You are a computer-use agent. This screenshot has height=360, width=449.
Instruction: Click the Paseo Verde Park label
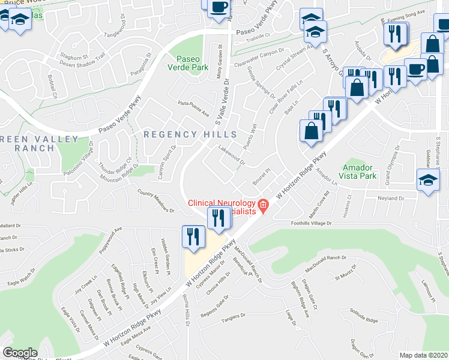[x=192, y=64]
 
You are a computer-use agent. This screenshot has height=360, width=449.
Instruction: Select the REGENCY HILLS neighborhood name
[x=190, y=135]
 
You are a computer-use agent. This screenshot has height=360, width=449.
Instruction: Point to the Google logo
[x=20, y=353]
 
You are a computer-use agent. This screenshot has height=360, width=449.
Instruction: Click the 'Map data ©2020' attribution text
[x=423, y=355]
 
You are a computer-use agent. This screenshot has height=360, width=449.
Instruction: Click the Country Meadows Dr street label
[x=155, y=202]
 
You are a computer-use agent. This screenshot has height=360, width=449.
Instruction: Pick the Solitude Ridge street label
[x=364, y=316]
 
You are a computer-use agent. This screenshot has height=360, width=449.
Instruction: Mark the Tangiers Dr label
[x=234, y=316]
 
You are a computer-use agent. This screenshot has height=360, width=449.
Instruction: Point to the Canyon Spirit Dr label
[x=166, y=155]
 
